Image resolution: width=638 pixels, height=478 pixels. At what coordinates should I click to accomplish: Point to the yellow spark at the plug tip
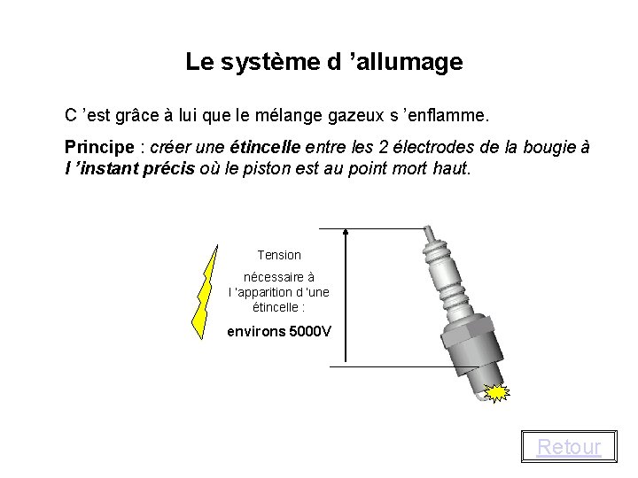[x=498, y=390]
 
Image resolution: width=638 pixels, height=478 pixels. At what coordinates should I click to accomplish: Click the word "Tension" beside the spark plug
[x=279, y=255]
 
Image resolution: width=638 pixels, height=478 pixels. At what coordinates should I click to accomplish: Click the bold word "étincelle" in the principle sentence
[x=264, y=146]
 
